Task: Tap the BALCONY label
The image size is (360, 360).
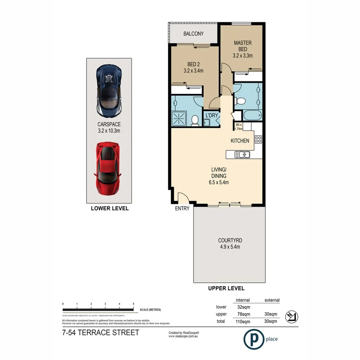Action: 194,34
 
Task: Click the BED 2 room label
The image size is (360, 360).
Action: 193,64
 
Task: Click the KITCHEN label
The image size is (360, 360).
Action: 240,141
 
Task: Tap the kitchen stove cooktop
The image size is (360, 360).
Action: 258,140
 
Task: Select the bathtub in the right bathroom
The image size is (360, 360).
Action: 252,116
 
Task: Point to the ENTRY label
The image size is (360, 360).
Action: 182,209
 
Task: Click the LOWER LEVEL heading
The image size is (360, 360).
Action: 109,208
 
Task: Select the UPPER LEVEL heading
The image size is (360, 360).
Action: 226,288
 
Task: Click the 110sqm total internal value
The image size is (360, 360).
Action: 243,321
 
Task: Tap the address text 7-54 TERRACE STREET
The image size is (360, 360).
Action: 100,333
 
